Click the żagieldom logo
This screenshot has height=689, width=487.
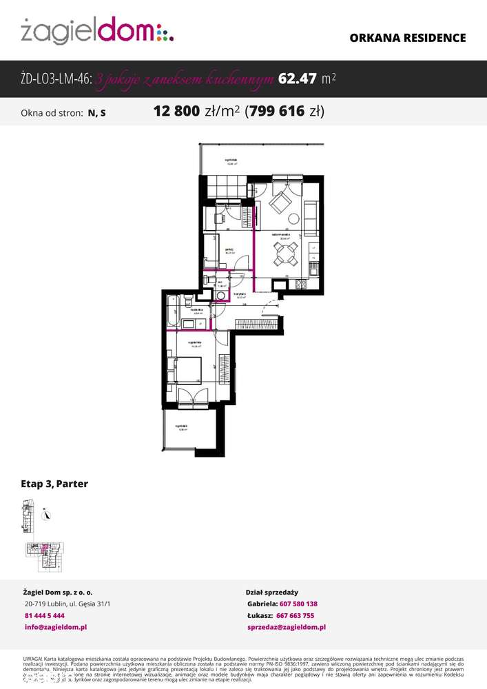97,31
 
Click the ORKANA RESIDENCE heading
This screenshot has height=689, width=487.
408,38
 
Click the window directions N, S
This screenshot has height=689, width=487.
96,112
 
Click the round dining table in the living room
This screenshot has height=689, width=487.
285,254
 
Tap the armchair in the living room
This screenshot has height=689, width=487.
280,203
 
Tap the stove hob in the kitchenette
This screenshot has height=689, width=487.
301,285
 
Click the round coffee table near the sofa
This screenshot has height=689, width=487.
294,219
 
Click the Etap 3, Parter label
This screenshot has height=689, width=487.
54,484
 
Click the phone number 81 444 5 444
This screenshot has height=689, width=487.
44,615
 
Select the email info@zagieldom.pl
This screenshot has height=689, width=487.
55,627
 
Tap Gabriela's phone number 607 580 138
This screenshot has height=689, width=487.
298,604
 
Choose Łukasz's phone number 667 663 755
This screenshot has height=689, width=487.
295,615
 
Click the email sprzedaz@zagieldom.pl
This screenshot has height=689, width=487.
286,627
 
